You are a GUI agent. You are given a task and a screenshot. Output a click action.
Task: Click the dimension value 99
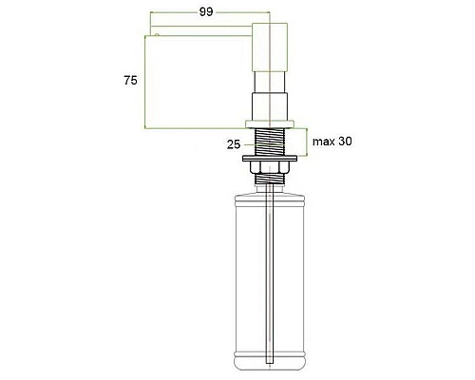pos(206,12)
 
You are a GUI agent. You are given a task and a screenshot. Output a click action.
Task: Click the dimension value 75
pos(130,81)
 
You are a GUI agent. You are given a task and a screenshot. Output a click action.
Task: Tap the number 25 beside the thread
pos(234,144)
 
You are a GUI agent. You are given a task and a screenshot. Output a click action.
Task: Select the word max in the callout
pos(324,142)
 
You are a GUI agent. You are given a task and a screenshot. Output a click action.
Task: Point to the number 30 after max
pos(345,141)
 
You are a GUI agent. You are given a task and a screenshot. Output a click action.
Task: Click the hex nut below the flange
pos(269,167)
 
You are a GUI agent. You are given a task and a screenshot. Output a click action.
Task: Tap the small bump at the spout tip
pos(157,34)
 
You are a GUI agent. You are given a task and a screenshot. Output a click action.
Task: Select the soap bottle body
pos(270,282)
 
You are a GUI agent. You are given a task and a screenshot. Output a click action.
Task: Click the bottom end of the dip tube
pos(269,363)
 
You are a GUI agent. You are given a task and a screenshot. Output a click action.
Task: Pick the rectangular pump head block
pos(270,47)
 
